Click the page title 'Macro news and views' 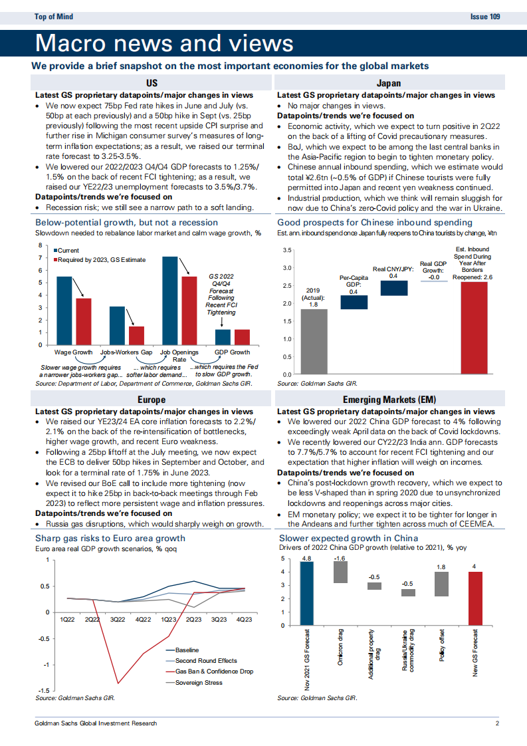click(x=163, y=43)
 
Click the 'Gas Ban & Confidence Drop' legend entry click(x=213, y=672)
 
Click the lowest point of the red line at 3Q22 click(x=118, y=683)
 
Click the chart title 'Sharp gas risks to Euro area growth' click(x=110, y=538)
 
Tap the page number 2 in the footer click(x=496, y=724)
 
